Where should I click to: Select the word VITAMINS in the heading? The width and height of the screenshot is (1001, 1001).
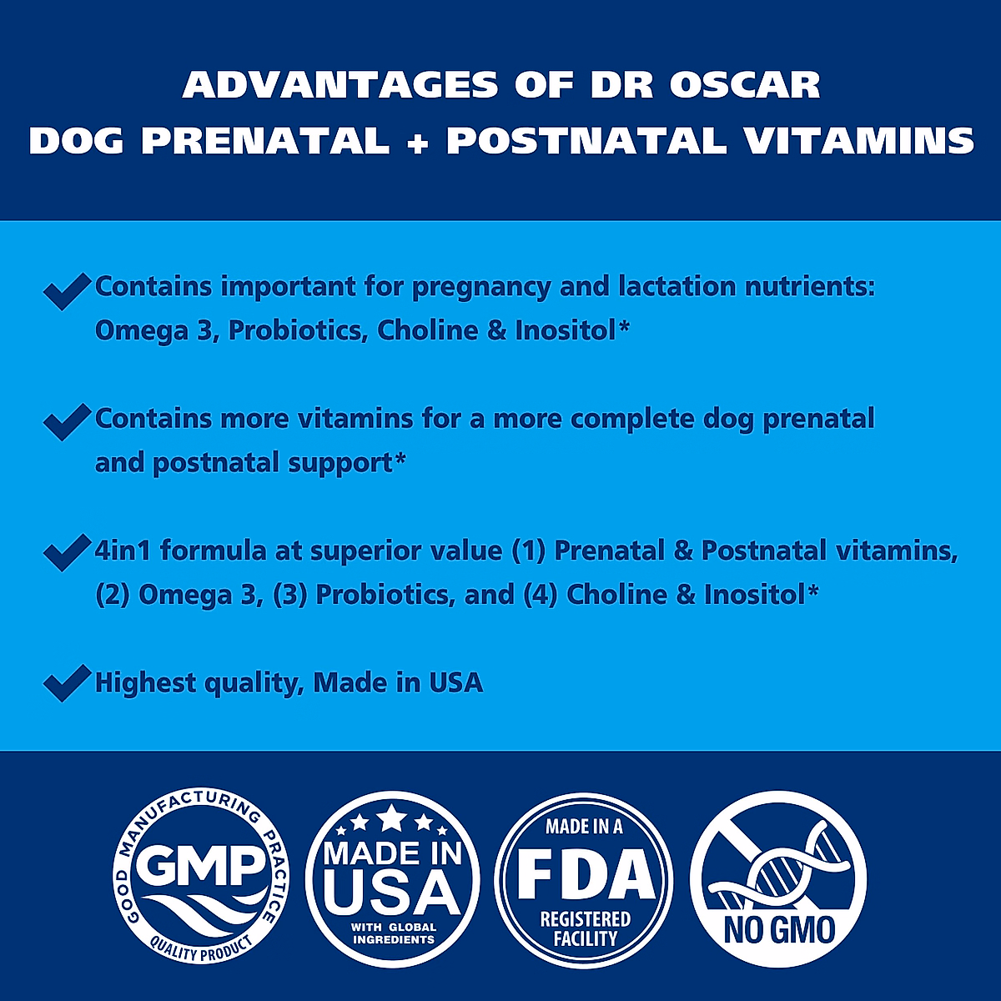(858, 141)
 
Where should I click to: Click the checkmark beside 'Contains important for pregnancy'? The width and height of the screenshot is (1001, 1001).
(66, 290)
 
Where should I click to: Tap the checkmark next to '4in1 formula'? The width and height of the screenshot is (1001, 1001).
(66, 552)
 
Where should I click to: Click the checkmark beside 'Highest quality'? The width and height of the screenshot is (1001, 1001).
(66, 683)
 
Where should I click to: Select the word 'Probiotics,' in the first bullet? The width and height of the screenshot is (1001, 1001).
(298, 330)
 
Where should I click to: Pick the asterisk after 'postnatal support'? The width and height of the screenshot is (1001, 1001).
(400, 460)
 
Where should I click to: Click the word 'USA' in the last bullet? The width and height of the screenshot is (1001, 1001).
(455, 683)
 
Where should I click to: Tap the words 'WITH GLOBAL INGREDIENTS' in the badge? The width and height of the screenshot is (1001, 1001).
(393, 933)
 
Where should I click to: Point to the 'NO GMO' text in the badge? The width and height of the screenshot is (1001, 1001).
(779, 929)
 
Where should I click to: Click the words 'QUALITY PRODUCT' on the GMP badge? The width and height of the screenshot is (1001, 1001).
(200, 948)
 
